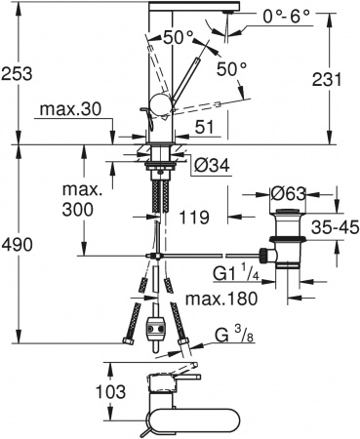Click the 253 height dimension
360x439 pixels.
17,72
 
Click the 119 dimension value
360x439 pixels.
195,219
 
